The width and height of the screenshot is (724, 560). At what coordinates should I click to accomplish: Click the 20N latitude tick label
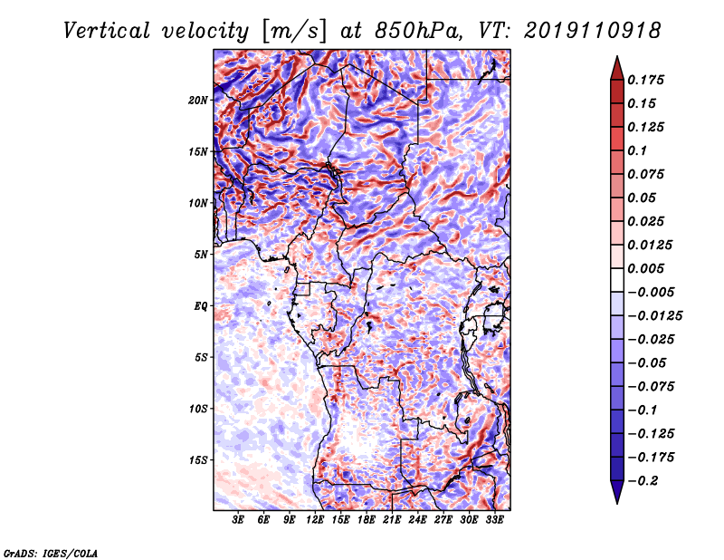(198, 100)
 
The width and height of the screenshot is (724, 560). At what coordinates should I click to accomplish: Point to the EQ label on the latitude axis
(200, 306)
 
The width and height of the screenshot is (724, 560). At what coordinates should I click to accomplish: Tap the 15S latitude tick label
(198, 460)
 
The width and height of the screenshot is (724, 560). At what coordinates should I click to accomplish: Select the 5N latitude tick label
(201, 255)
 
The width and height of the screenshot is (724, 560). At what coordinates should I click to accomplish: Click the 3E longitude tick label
(239, 522)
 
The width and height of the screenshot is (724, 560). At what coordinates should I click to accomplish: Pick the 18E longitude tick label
(367, 522)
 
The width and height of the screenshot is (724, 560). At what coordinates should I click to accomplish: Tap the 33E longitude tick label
(495, 522)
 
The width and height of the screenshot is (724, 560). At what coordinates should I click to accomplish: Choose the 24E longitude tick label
(418, 522)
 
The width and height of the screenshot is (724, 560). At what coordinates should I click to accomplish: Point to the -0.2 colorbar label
(644, 481)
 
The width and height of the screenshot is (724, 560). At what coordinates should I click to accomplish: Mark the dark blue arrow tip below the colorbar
(616, 497)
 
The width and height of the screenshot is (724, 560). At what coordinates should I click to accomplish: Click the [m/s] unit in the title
(292, 30)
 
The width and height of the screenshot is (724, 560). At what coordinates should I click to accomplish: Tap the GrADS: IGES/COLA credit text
(51, 552)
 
